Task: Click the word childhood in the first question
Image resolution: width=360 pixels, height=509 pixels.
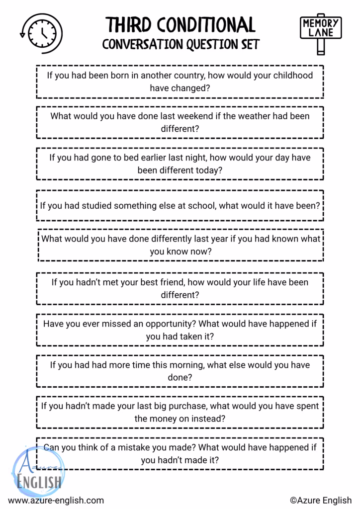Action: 293,76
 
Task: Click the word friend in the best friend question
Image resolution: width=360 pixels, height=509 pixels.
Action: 192,282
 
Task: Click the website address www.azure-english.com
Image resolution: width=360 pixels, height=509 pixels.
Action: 56,501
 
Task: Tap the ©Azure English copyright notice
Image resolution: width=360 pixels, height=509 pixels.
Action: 320,501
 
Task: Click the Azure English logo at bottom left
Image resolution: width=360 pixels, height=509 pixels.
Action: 38,472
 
